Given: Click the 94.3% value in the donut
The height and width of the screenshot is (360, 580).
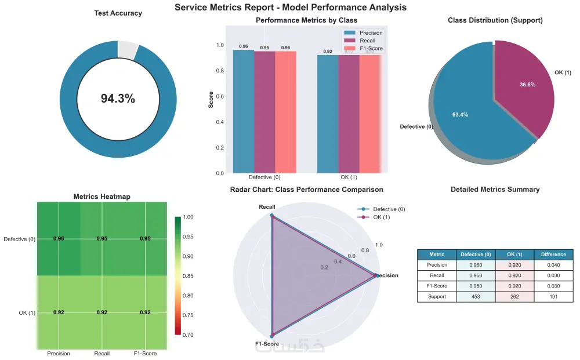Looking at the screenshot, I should (118, 99).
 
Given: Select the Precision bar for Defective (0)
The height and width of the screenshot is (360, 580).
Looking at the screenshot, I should (243, 111).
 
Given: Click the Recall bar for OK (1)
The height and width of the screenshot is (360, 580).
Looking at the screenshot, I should (349, 114).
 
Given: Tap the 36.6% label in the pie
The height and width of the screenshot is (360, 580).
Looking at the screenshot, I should (511, 85).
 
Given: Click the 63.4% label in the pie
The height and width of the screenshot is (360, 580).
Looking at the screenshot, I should (460, 115).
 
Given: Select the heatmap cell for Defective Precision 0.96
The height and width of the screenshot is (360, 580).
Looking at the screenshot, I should (59, 238).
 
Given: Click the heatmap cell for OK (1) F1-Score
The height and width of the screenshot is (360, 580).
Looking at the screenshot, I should (145, 312).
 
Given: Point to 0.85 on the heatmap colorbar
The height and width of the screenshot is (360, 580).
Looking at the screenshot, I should (188, 276).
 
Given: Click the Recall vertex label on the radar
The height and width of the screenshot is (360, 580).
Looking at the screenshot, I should (267, 207).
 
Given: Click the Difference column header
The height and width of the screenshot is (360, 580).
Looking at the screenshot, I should (553, 254).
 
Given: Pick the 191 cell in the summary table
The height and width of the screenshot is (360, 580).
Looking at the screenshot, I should (553, 297).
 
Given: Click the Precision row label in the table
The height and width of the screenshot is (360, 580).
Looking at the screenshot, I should (437, 265).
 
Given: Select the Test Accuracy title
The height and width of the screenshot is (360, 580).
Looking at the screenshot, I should (118, 13).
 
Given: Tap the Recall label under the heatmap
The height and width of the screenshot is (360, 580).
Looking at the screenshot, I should (102, 354).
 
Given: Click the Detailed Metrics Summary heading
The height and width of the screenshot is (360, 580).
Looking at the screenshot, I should (495, 190).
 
